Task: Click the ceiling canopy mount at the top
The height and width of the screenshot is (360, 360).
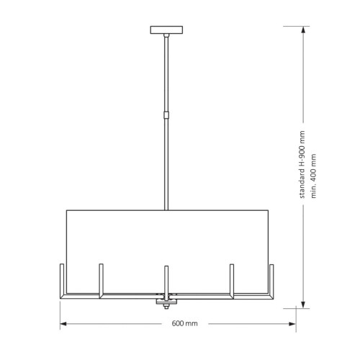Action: (x=166, y=30)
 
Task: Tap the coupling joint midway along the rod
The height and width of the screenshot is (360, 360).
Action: (x=166, y=115)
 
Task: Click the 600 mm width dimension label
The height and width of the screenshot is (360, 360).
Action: (x=184, y=323)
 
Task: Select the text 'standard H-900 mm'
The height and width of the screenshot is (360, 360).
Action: (x=302, y=164)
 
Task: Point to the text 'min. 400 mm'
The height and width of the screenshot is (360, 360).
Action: (x=313, y=176)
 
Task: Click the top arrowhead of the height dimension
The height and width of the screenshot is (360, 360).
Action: (x=303, y=30)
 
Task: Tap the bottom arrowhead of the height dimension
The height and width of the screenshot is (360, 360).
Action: (x=303, y=305)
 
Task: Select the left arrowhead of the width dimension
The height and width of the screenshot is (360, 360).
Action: (x=63, y=324)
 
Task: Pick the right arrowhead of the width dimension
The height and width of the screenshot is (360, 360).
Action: (x=292, y=324)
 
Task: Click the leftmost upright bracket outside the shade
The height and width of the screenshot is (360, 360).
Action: (x=62, y=281)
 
